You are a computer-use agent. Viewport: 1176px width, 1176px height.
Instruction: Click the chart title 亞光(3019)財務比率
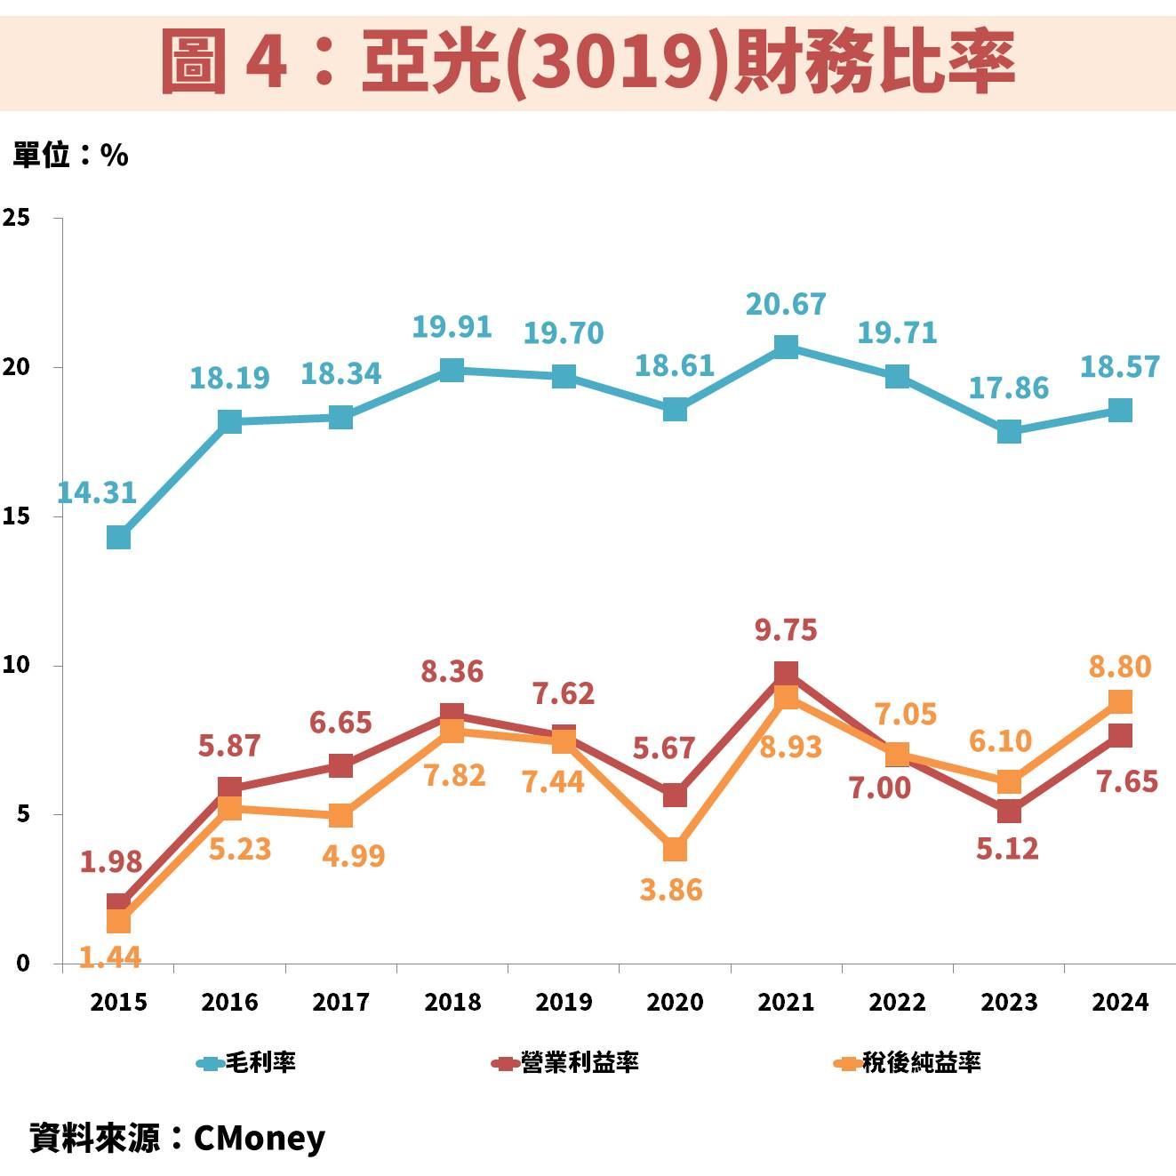click(x=588, y=60)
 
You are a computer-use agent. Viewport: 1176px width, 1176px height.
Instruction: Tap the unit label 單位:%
click(x=70, y=156)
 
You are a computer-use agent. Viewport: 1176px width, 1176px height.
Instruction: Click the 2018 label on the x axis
click(x=452, y=1003)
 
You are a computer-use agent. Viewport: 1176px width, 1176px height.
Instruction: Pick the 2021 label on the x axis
click(x=786, y=1003)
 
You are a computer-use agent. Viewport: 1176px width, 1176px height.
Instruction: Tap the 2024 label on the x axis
click(x=1120, y=1003)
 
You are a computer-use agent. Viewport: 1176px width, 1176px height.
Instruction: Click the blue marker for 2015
click(x=118, y=538)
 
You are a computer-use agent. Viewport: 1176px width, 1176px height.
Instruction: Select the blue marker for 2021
click(x=786, y=347)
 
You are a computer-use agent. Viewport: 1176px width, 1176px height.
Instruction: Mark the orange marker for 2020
click(x=675, y=850)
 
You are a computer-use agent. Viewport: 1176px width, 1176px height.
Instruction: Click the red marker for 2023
click(x=1009, y=812)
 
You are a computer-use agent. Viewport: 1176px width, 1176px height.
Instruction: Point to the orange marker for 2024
click(x=1120, y=701)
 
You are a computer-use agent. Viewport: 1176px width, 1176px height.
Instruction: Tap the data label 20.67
click(x=786, y=305)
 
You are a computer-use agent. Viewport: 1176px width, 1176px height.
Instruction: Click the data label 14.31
click(x=97, y=492)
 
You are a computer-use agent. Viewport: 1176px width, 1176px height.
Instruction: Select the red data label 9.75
click(x=786, y=630)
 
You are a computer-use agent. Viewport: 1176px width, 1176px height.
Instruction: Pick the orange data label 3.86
click(x=671, y=890)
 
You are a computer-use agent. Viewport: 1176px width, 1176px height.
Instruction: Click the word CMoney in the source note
click(x=259, y=1138)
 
